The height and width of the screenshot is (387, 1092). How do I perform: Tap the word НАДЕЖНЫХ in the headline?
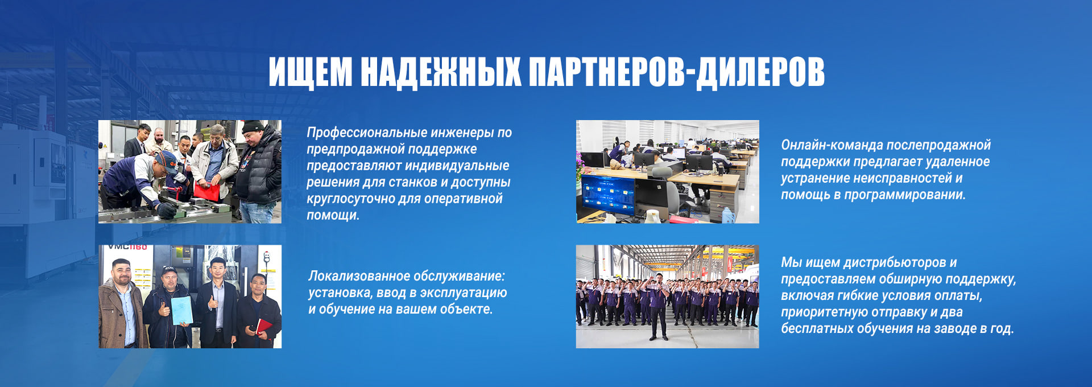[x=441, y=72]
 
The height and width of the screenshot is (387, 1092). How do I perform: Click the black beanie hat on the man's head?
[x=253, y=126]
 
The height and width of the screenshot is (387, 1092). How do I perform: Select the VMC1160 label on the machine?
[x=128, y=248]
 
